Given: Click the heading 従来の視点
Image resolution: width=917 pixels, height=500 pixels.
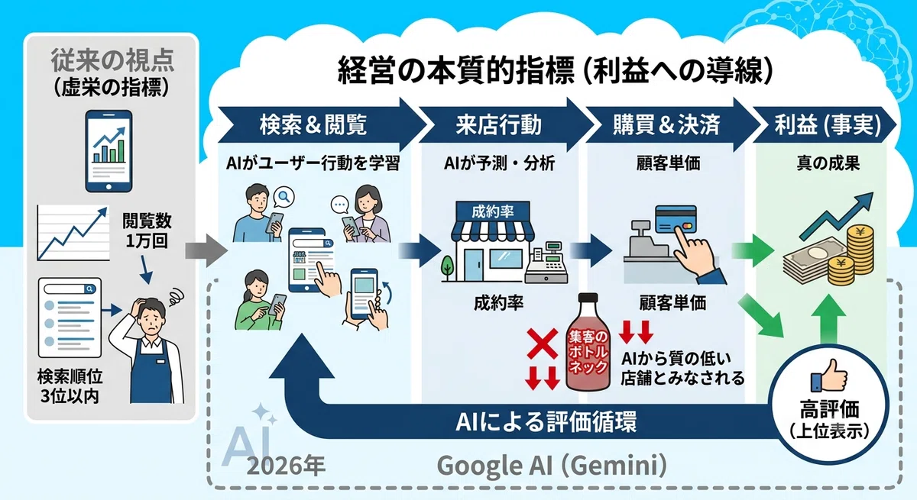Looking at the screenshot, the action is [x=112, y=60].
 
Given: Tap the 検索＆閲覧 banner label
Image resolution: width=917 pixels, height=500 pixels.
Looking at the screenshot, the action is [x=313, y=124].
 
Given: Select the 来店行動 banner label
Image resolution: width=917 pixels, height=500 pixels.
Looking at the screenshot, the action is [x=498, y=124].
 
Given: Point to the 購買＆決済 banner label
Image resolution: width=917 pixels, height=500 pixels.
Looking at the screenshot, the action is [x=666, y=124].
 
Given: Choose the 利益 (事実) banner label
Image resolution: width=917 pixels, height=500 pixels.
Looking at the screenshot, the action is [x=828, y=124].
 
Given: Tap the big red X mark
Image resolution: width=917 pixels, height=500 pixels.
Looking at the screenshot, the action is [x=542, y=344].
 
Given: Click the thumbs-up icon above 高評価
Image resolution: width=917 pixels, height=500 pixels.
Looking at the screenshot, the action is [x=828, y=376].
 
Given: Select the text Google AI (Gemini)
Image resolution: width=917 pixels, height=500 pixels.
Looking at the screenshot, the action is [x=552, y=465].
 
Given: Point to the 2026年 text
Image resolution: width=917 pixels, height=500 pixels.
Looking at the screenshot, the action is [x=286, y=466].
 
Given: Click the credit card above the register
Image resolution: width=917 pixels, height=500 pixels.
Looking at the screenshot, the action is [x=676, y=219].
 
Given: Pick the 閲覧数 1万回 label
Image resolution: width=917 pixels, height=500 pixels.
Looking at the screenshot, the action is [x=147, y=231].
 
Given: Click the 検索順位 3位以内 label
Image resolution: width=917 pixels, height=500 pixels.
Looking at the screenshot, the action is [x=70, y=386].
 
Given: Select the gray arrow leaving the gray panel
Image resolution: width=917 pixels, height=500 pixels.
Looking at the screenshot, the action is [x=206, y=250].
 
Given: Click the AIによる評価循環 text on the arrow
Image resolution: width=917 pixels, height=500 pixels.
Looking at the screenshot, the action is [x=546, y=421].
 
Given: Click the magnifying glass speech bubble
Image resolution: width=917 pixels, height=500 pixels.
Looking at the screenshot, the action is [x=284, y=197].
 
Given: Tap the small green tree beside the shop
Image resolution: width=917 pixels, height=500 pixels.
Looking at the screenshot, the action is [x=447, y=268].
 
